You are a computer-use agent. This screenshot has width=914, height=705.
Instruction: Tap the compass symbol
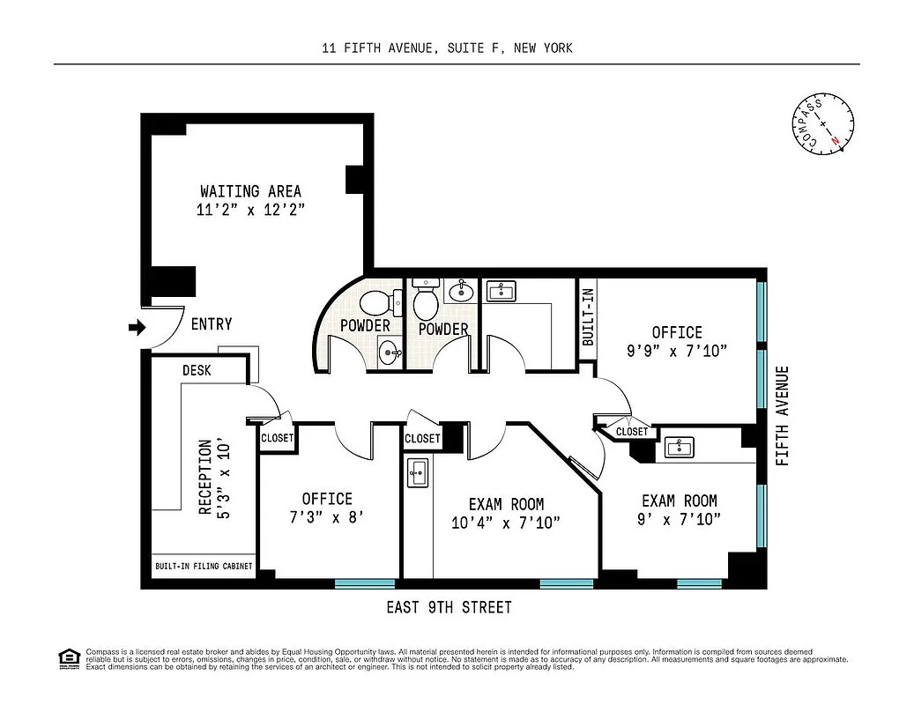tap(825, 124)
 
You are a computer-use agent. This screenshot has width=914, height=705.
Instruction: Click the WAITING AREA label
tap(250, 191)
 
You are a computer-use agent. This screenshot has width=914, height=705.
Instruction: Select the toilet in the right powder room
tap(426, 301)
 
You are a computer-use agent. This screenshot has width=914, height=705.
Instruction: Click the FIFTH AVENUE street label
tap(783, 416)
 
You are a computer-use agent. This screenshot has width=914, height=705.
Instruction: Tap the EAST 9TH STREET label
tap(449, 607)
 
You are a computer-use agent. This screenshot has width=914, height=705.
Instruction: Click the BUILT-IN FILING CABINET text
tap(204, 567)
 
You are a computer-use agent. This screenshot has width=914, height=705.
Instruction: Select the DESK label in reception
tap(197, 371)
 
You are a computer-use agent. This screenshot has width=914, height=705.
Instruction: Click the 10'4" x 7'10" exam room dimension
tap(506, 522)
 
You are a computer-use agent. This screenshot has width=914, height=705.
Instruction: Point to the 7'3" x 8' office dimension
tap(327, 517)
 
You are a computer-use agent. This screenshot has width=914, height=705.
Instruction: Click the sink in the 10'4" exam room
tap(417, 472)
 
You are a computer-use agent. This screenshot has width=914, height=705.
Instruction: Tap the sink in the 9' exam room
tap(679, 448)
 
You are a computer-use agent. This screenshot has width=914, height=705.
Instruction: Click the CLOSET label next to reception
tap(278, 438)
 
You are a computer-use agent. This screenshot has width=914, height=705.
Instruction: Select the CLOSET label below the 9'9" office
tap(631, 432)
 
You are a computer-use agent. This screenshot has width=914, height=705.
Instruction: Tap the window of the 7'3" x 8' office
tap(365, 583)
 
